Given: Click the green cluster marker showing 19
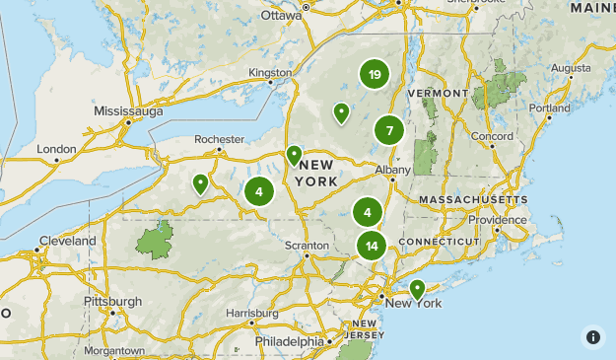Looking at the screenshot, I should pyautogui.click(x=374, y=75).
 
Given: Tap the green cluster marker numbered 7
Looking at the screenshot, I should pyautogui.click(x=389, y=130).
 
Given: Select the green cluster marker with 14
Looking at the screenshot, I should pyautogui.click(x=371, y=247).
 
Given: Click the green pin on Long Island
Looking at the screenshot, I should pyautogui.click(x=417, y=289).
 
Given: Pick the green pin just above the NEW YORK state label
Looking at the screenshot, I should pyautogui.click(x=294, y=155).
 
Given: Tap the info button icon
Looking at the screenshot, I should pyautogui.click(x=592, y=336).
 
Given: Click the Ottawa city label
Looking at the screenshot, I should pyautogui.click(x=281, y=17).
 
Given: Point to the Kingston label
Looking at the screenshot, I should pyautogui.click(x=271, y=73).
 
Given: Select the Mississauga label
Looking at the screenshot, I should pyautogui.click(x=128, y=111).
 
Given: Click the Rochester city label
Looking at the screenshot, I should pyautogui.click(x=219, y=140).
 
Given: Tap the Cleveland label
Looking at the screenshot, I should pyautogui.click(x=68, y=241).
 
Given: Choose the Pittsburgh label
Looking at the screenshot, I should pyautogui.click(x=112, y=301).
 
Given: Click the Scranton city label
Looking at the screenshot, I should pyautogui.click(x=306, y=245).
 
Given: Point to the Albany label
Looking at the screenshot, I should pyautogui.click(x=391, y=170).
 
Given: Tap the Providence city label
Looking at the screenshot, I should pyautogui.click(x=498, y=220).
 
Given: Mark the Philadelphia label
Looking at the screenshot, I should pyautogui.click(x=289, y=341).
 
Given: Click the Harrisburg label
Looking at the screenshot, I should pyautogui.click(x=246, y=313).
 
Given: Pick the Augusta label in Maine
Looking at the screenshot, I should pyautogui.click(x=571, y=68).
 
